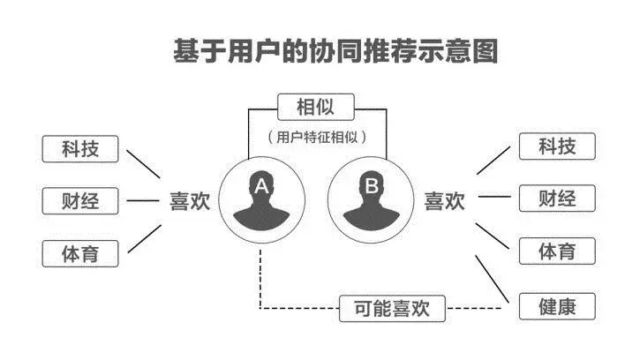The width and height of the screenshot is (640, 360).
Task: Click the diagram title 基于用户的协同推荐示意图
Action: [335, 51]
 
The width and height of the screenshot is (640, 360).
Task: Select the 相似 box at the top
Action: [315, 107]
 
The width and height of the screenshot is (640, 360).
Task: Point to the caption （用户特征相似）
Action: [317, 137]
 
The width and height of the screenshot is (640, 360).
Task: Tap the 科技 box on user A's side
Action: [80, 148]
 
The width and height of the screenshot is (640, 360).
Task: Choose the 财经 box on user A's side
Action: [80, 201]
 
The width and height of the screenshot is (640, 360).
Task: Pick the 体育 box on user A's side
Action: [80, 253]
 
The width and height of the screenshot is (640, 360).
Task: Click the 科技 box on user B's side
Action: [557, 146]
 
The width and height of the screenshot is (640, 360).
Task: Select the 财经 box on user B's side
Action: [557, 199]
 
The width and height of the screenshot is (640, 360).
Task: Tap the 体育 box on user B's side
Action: [557, 251]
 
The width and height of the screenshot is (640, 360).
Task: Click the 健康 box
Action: [557, 306]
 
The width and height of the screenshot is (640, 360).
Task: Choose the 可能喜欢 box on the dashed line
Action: [392, 309]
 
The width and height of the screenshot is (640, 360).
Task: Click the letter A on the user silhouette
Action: [261, 186]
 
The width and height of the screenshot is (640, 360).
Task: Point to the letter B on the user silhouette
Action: [372, 186]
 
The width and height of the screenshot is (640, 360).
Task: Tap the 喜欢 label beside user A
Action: [190, 201]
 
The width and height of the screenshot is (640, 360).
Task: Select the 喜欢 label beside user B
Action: [445, 201]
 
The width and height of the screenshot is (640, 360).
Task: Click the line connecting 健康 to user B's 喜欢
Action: [493, 279]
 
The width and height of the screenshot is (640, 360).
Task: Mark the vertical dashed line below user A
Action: [260, 279]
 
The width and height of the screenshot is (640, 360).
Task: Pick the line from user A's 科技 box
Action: [143, 164]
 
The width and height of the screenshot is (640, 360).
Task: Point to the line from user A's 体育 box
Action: [145, 239]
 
